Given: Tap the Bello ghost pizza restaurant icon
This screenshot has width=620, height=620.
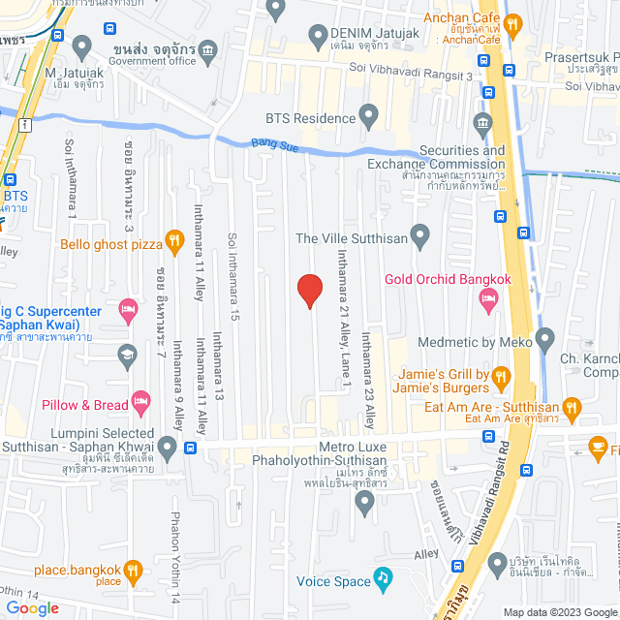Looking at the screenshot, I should click(174, 238).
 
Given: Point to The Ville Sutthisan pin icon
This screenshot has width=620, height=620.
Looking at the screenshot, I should click(419, 235).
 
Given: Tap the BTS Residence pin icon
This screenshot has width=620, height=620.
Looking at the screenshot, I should click(368, 118).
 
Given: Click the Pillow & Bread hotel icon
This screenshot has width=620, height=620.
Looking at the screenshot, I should click(141, 399).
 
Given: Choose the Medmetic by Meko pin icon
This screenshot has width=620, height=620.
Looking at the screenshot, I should click(544, 340).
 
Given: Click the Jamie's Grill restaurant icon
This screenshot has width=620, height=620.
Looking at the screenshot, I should click(501, 376).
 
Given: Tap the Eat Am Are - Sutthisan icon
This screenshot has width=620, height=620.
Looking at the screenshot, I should click(571, 409).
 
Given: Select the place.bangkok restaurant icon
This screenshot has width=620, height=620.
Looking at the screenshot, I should click(135, 571).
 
